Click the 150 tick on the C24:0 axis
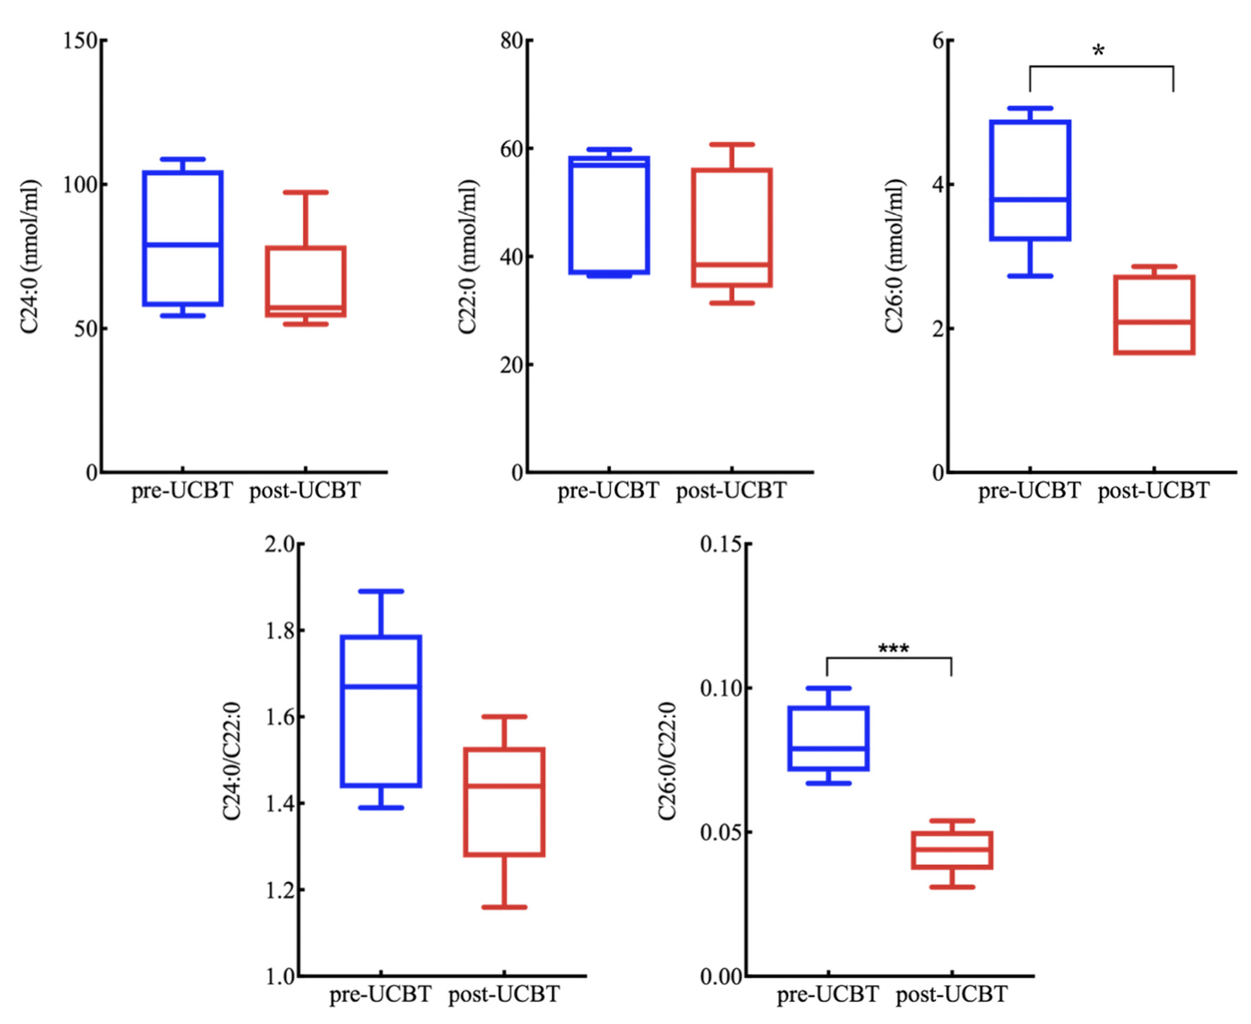click(79, 40)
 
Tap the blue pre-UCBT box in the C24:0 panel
click(183, 238)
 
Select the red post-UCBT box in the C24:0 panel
click(306, 281)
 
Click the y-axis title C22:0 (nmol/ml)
click(467, 256)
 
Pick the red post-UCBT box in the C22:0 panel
click(732, 227)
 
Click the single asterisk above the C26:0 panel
click(1098, 52)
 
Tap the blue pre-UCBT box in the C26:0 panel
click(1030, 180)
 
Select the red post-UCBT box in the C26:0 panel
click(1154, 314)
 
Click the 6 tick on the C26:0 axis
click(938, 40)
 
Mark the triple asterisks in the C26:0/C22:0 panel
click(893, 648)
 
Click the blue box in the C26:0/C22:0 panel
click(828, 738)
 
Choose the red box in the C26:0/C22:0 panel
click(952, 850)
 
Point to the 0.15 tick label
click(720, 544)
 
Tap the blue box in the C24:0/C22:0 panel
click(381, 711)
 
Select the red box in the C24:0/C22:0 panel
click(504, 802)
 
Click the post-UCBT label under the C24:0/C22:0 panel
click(503, 994)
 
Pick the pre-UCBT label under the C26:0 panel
click(1029, 490)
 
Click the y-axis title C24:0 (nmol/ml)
click(30, 256)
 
